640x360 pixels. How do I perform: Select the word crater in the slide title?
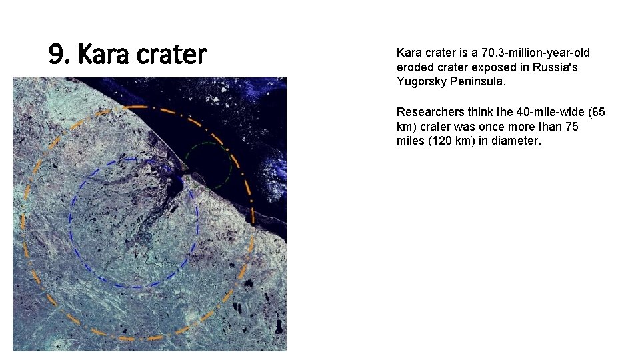click(x=172, y=55)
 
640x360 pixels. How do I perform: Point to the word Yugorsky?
click(x=420, y=82)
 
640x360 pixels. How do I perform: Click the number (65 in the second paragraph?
click(x=594, y=111)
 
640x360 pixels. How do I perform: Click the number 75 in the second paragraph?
click(x=572, y=126)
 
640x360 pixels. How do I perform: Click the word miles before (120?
click(x=410, y=141)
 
